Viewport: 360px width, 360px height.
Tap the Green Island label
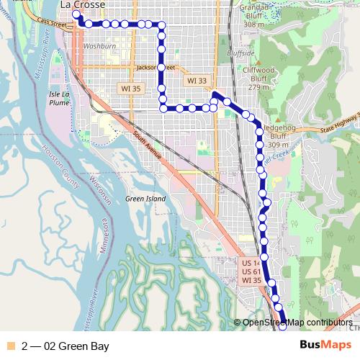click(x=145, y=199)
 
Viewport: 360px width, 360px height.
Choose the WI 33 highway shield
click(x=196, y=81)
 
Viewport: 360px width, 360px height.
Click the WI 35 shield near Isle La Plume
click(x=128, y=88)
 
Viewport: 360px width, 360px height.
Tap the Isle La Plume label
click(x=59, y=98)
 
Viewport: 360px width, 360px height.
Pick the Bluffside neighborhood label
click(x=240, y=53)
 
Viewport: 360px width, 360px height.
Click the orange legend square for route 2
click(x=9, y=346)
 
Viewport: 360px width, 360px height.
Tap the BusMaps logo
click(x=325, y=346)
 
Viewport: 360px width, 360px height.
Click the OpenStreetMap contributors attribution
click(x=297, y=323)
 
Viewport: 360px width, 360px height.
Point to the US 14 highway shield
click(x=250, y=263)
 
